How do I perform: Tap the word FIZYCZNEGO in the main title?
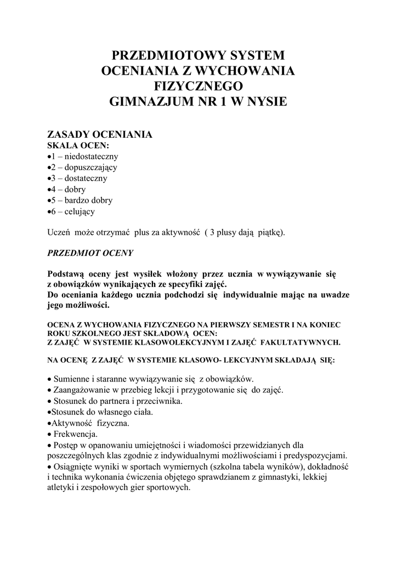coord(198,86)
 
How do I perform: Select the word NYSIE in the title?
coord(265,102)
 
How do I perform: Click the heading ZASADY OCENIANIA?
coord(99,134)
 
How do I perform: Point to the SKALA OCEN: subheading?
coord(78,145)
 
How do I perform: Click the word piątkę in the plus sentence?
coord(271,232)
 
